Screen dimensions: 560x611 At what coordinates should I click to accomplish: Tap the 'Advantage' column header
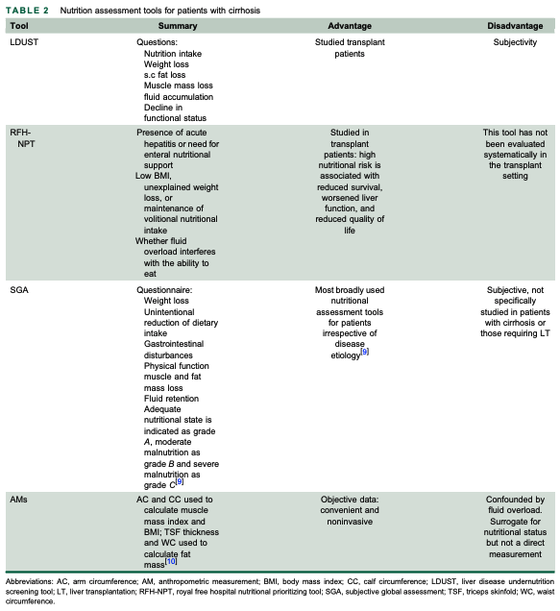tap(349, 25)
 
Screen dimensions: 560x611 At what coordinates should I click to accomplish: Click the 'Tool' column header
tap(18, 25)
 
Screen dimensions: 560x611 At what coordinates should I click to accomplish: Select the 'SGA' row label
tap(19, 289)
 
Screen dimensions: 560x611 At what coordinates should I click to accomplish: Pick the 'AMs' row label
tap(19, 501)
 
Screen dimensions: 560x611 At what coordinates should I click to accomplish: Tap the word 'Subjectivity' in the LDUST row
tap(515, 43)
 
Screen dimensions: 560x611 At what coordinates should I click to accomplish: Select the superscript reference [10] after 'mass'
tap(172, 559)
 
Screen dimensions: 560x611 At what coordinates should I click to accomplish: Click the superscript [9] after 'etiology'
tap(365, 353)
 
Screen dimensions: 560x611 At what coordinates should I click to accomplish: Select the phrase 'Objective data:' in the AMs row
tap(349, 501)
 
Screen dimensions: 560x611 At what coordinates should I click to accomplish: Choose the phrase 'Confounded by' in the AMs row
tap(515, 501)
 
